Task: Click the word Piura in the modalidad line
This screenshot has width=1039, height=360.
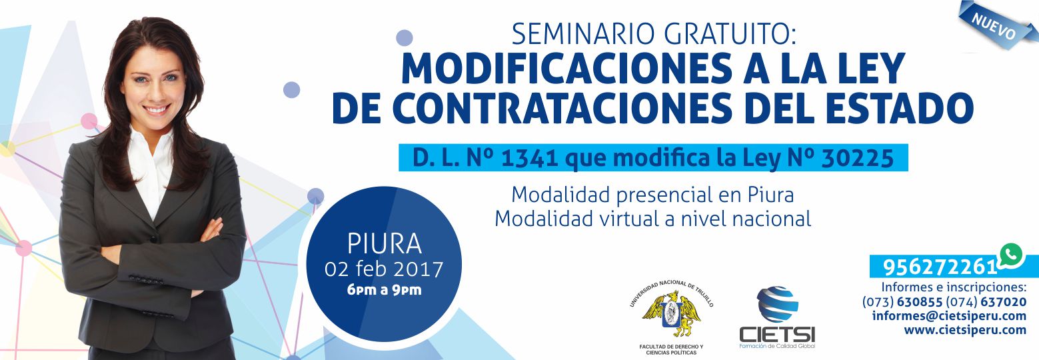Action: [770, 195]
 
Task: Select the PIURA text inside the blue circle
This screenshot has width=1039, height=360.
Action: [384, 243]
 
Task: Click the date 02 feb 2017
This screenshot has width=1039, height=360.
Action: [384, 269]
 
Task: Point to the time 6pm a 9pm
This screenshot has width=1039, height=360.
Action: [384, 290]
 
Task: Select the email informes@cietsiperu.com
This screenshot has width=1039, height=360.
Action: [949, 316]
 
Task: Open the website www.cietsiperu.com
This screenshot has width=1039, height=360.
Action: [965, 330]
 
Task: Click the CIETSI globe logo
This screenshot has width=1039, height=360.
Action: [777, 304]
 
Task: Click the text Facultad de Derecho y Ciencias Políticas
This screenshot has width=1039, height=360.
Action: [671, 350]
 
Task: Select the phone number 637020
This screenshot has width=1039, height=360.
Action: [1003, 302]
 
